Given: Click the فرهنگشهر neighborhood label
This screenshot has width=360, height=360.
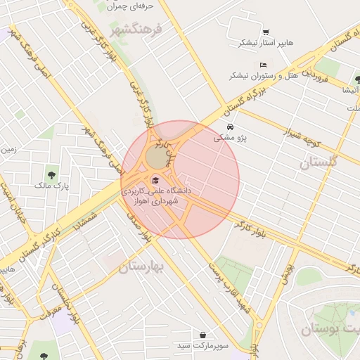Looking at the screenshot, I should [136, 30].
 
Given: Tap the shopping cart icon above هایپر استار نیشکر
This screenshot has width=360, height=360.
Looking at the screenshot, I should [265, 32].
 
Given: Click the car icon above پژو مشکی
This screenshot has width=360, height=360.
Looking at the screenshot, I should [231, 127].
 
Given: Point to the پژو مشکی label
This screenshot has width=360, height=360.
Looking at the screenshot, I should [231, 139].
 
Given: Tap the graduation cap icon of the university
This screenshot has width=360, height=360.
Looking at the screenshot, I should [155, 180].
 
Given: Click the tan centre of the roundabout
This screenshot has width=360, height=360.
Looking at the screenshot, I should [156, 159].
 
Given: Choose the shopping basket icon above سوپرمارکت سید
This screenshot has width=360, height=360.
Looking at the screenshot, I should [203, 335].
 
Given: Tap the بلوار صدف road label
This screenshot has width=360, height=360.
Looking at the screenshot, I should [138, 226].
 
